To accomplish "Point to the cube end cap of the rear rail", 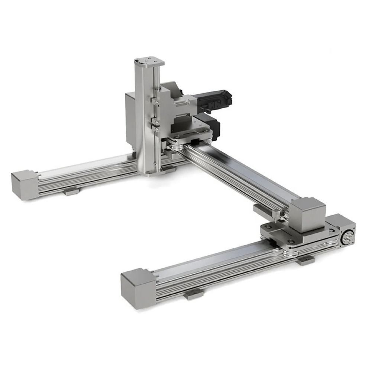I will (24, 184).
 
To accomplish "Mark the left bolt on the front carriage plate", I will (267, 227).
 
